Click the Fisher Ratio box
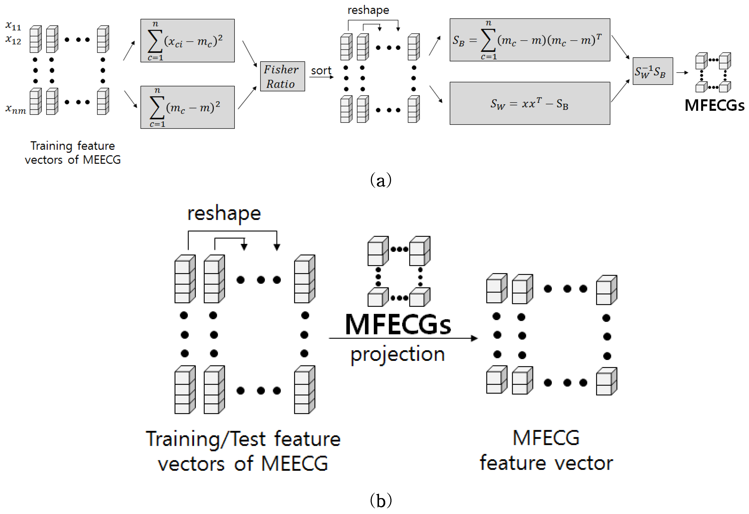pos(282,76)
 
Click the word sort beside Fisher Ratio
pos(321,71)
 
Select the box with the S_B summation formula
pos(530,40)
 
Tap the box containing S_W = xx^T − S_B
pos(530,103)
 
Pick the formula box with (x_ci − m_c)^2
pos(187,41)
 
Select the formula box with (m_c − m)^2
pos(187,107)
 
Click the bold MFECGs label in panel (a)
pos(714,105)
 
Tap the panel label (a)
pos(381,180)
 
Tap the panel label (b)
pos(381,500)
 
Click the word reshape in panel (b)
pos(224,214)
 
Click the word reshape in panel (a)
pos(368,10)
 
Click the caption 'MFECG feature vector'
pos(546,451)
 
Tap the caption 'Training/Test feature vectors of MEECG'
pos(243,451)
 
